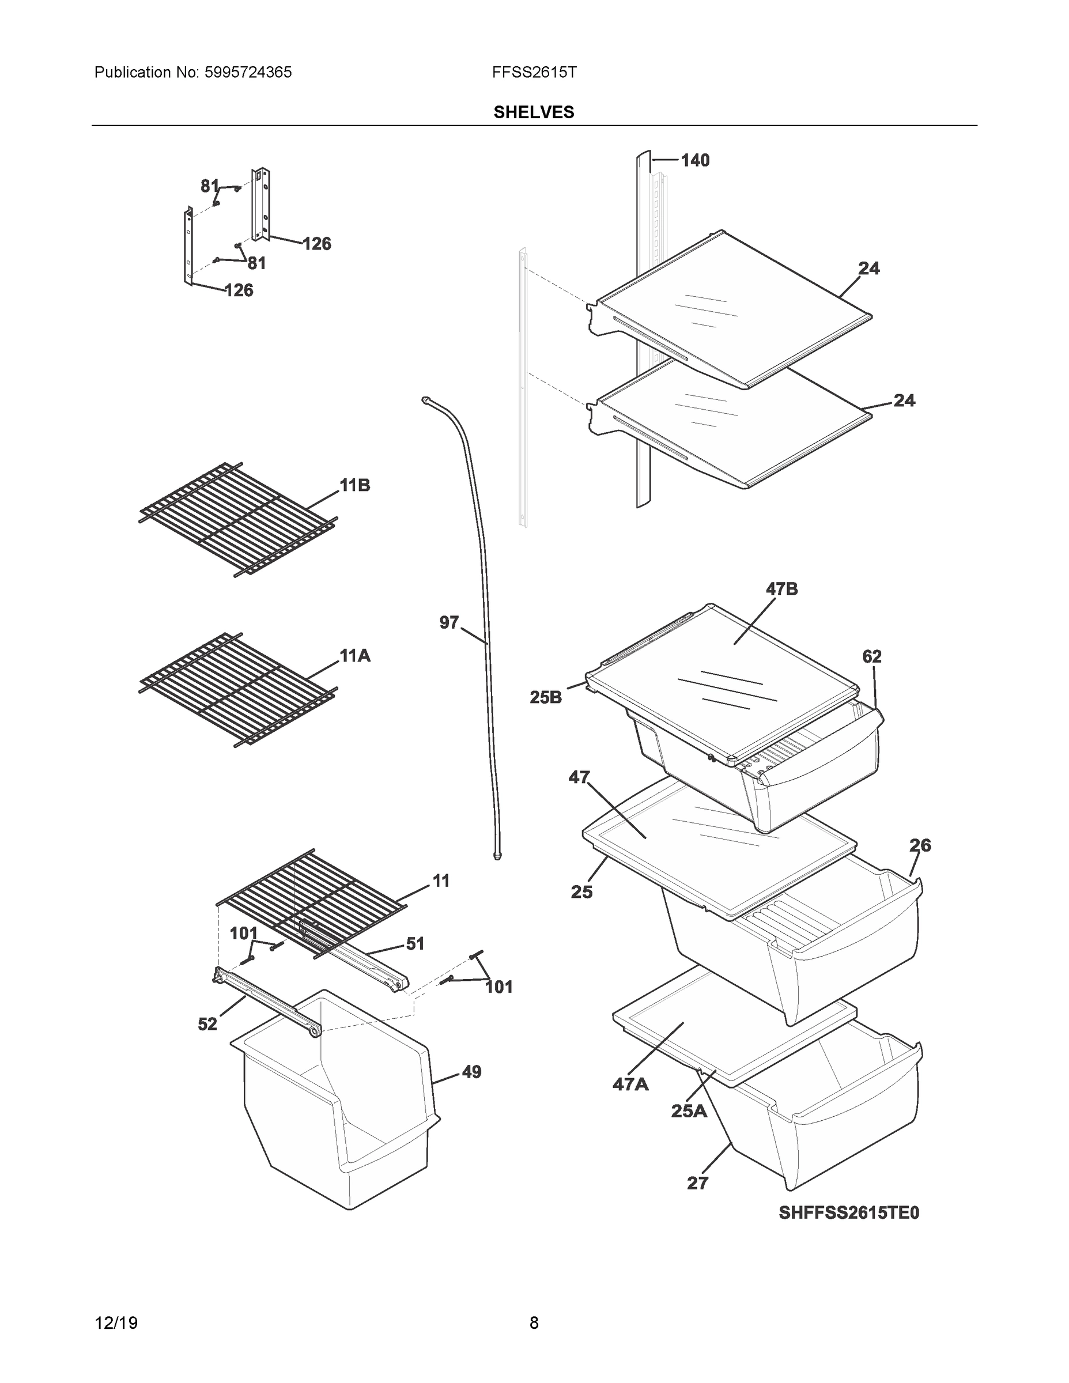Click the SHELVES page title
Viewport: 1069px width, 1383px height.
[x=534, y=112]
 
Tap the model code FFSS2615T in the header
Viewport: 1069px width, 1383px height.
[x=534, y=73]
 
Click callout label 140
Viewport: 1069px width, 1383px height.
[x=695, y=161]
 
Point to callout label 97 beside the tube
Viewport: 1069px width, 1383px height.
[x=449, y=623]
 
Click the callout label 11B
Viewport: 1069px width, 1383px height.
[x=354, y=486]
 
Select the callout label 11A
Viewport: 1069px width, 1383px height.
[x=354, y=656]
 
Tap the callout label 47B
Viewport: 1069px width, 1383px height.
[x=781, y=590]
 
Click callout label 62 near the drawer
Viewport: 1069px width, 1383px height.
[x=871, y=657]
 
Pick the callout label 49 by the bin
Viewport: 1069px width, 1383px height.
[x=471, y=1072]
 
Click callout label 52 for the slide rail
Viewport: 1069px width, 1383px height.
[x=207, y=1025]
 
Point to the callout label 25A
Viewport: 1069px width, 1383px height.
[x=689, y=1110]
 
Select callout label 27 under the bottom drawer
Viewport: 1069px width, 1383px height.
[x=697, y=1183]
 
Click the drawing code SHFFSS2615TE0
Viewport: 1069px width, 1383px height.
[x=849, y=1212]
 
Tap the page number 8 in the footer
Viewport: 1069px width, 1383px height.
[x=534, y=1323]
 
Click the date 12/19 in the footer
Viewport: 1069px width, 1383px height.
[x=116, y=1323]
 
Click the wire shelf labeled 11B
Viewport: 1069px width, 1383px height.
[x=237, y=519]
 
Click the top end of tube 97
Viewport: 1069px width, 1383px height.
[x=425, y=399]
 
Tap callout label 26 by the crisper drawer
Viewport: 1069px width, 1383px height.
[x=920, y=845]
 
